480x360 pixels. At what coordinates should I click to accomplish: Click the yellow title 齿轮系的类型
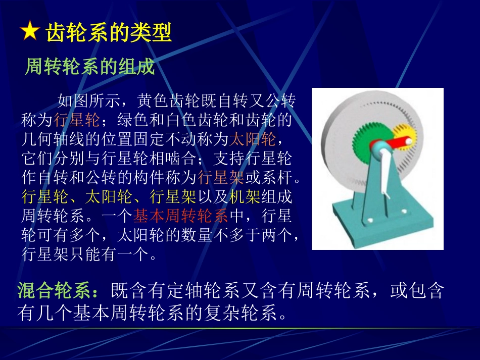click(109, 32)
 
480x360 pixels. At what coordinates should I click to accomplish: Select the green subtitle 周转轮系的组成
click(89, 67)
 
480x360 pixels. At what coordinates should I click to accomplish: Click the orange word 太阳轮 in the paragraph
click(253, 138)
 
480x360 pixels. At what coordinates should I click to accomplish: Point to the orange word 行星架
click(221, 177)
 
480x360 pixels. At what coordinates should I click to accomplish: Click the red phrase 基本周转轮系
click(180, 216)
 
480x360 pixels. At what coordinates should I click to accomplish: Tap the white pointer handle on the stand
click(386, 177)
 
